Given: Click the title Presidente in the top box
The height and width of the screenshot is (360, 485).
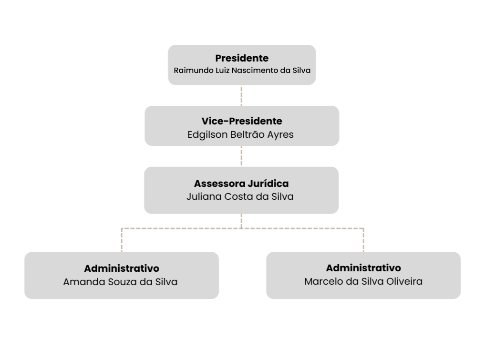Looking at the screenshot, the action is (242, 58).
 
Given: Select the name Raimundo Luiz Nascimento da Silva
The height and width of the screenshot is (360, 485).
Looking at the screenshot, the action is (242, 71).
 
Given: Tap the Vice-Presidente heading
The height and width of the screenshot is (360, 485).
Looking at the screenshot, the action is (242, 121).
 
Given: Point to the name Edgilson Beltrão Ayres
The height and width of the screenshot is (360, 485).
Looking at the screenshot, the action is (240, 135).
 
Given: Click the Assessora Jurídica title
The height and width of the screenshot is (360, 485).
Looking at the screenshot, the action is (241, 184).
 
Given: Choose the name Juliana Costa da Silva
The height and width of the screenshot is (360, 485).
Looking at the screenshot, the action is (240, 197).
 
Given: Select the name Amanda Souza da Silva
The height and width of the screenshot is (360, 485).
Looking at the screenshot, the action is (120, 282).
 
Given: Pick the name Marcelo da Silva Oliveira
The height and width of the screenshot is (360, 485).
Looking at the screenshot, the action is (363, 281).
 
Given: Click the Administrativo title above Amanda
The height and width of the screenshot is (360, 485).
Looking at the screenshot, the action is (122, 268).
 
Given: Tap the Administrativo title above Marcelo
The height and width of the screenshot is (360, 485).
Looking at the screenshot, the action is (363, 268).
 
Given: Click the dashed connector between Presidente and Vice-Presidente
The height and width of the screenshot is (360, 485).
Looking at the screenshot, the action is (241, 95).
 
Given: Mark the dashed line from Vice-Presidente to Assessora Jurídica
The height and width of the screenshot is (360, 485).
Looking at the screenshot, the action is (241, 156).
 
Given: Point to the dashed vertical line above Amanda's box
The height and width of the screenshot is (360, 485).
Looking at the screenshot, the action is (122, 240).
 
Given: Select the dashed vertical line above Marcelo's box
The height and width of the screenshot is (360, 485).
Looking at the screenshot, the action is (363, 240).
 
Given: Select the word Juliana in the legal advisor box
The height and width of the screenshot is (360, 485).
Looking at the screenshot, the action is (204, 197).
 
